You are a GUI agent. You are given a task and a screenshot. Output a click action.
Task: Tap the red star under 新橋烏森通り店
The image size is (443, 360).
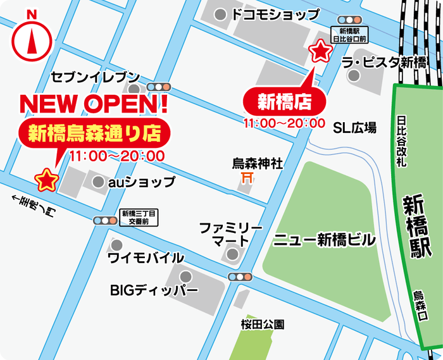(x=46, y=180)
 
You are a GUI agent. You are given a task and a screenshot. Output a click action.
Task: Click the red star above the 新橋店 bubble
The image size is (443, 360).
(x=320, y=51)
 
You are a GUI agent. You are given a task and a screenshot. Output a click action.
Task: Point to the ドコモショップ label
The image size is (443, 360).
(x=276, y=15)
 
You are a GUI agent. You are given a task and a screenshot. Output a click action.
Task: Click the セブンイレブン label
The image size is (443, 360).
(x=95, y=77)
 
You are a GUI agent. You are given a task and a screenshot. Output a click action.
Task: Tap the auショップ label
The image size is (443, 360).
(x=141, y=182)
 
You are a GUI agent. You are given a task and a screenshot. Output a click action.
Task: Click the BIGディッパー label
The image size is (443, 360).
(x=154, y=291)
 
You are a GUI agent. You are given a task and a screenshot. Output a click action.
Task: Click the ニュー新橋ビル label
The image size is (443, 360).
(x=325, y=240)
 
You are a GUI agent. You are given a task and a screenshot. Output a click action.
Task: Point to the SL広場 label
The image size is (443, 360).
(x=355, y=128)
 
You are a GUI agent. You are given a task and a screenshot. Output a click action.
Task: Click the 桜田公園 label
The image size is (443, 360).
(x=262, y=325)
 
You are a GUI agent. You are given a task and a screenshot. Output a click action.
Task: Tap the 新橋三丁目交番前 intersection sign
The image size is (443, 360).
(x=139, y=218)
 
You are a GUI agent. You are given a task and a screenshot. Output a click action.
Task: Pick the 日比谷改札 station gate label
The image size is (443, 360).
(x=401, y=140)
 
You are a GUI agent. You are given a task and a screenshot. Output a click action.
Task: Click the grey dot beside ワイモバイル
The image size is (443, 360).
(x=116, y=245)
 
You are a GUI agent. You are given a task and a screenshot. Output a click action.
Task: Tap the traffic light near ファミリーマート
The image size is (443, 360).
(x=240, y=276)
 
